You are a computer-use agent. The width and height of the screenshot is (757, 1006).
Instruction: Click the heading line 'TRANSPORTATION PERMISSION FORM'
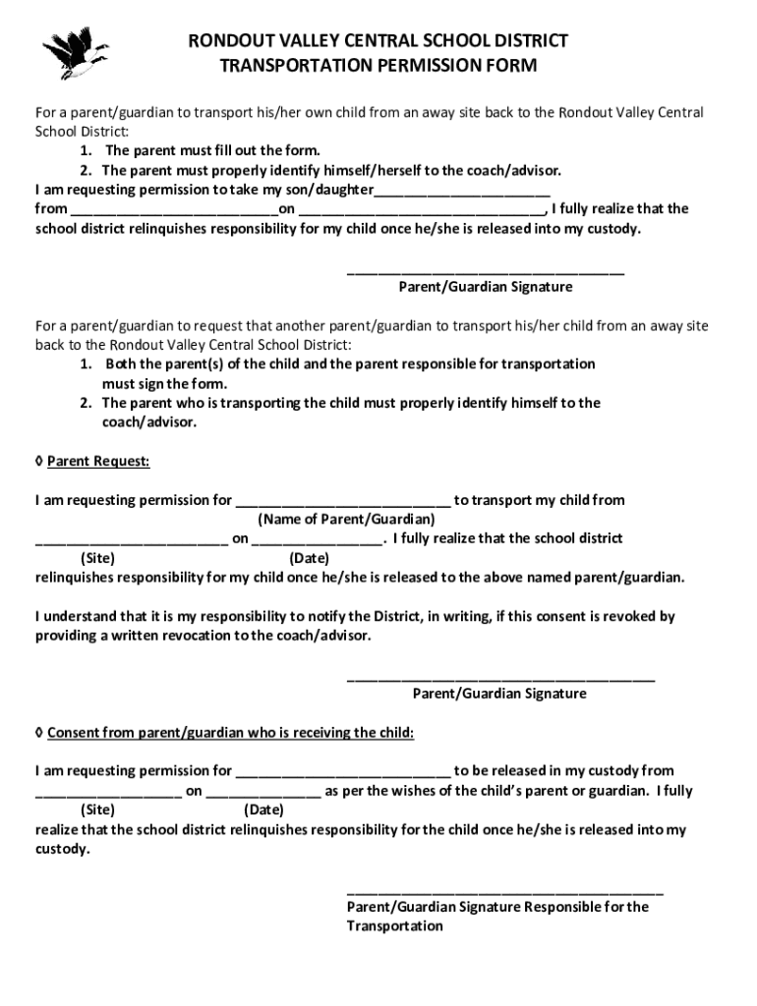378,67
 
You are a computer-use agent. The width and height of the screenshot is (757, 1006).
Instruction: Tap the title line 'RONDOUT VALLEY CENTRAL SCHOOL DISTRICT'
378,41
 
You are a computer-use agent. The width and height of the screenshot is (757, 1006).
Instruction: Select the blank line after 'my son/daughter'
461,191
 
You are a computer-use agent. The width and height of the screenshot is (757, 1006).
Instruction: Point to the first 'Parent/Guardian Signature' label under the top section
485,287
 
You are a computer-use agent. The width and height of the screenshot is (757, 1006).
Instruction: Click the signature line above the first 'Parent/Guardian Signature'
485,270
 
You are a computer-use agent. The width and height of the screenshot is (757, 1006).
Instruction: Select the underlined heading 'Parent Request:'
98,461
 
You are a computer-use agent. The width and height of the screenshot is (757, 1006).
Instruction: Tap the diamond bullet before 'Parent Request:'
38,461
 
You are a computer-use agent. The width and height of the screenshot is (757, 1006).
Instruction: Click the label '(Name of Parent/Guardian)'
346,519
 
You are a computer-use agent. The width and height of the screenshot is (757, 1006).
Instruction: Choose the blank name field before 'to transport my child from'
343,501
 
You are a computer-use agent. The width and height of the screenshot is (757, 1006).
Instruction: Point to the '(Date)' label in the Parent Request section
309,558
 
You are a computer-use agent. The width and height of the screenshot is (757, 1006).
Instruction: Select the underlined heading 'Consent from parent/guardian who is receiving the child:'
230,733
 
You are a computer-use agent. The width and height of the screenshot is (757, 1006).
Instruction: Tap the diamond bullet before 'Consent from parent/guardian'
38,733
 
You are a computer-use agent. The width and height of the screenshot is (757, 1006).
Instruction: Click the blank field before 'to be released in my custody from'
343,772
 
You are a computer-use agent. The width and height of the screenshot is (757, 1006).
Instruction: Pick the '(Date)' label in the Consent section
263,810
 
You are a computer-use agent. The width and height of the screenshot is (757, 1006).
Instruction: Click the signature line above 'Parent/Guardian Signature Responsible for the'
505,890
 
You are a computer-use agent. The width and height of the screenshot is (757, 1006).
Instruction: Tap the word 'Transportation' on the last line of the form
394,926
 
